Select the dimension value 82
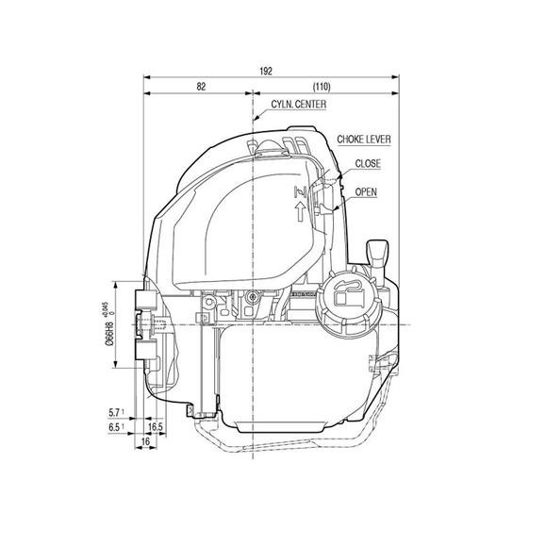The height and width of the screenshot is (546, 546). click(x=200, y=86)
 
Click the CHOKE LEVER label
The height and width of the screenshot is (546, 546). click(x=364, y=140)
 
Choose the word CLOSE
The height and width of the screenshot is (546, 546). click(x=369, y=164)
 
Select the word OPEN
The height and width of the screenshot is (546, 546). click(x=366, y=191)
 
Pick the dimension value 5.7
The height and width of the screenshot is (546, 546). click(x=116, y=412)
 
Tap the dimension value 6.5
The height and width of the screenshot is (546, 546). click(x=116, y=426)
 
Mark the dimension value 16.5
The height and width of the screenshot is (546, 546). click(x=157, y=427)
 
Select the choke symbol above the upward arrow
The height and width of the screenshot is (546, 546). click(x=301, y=193)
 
